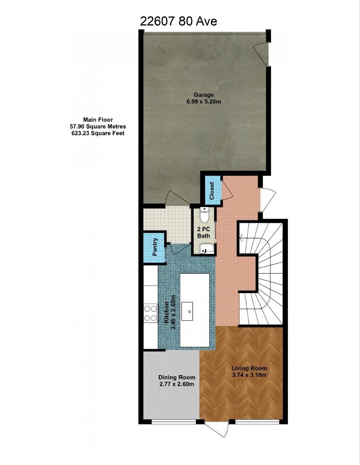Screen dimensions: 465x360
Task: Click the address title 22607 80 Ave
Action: pos(178,21)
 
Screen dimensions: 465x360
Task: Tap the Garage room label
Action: pos(203,95)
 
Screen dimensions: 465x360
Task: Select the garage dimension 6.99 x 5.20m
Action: pos(203,102)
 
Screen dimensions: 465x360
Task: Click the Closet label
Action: pos(211,191)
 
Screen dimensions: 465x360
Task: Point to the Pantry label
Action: pos(155,247)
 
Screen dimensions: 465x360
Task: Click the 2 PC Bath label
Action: pos(204,232)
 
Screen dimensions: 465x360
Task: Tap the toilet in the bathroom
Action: pos(204,215)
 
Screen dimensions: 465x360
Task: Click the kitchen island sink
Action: pos(189,310)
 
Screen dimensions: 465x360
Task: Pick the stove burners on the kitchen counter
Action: pos(150,313)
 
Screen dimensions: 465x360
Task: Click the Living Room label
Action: pos(249,368)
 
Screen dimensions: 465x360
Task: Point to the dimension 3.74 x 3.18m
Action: pos(249,375)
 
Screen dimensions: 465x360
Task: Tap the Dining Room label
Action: pos(177,377)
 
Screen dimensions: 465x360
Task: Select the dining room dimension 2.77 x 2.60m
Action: pos(177,384)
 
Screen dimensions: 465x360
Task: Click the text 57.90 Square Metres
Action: pos(98,126)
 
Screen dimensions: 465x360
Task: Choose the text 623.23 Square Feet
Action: pos(98,133)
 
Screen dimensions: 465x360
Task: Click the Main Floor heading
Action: pos(98,120)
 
